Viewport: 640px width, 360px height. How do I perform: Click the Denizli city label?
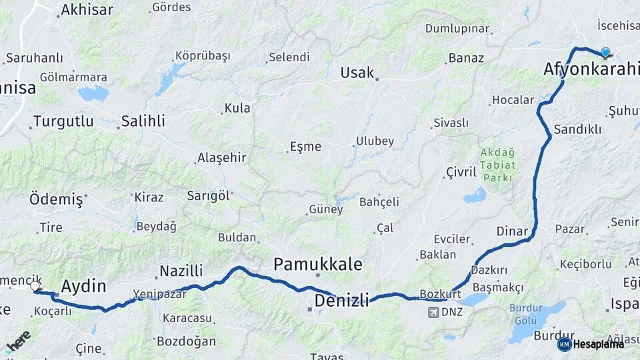pyautogui.click(x=341, y=300)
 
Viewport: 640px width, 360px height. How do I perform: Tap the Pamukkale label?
pyautogui.click(x=318, y=265)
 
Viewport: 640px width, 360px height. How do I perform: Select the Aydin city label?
pyautogui.click(x=83, y=287)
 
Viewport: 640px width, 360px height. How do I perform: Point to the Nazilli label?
pyautogui.click(x=181, y=271)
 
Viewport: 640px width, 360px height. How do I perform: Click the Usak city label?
pyautogui.click(x=357, y=73)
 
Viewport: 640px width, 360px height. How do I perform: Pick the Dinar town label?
pyautogui.click(x=512, y=231)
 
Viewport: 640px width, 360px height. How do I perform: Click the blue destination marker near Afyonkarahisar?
pyautogui.click(x=605, y=53)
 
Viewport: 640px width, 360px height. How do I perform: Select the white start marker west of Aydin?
pyautogui.click(x=35, y=286)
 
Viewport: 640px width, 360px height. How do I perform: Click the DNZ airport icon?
pyautogui.click(x=433, y=312)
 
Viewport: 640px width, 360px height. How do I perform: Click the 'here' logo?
pyautogui.click(x=18, y=340)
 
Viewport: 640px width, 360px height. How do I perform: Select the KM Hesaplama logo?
pyautogui.click(x=591, y=344)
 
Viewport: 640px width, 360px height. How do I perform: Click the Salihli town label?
pyautogui.click(x=143, y=121)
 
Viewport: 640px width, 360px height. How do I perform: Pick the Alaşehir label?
pyautogui.click(x=221, y=158)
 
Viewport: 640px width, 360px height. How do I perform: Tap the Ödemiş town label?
pyautogui.click(x=56, y=199)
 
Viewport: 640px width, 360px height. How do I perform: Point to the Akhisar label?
pyautogui.click(x=87, y=9)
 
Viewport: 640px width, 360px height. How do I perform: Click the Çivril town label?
pyautogui.click(x=461, y=172)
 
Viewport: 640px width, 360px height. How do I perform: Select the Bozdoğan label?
pyautogui.click(x=186, y=341)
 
